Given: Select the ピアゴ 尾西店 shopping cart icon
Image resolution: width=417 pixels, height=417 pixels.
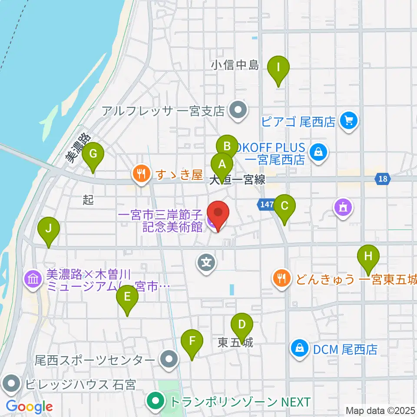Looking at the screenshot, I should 348,120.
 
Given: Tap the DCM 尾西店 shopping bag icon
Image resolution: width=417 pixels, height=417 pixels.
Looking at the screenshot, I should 300,348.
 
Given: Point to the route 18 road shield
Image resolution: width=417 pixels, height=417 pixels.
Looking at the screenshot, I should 382,179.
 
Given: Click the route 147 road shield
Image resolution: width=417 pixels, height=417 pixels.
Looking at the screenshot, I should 267,204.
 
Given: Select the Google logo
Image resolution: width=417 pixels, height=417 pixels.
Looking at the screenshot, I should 29,407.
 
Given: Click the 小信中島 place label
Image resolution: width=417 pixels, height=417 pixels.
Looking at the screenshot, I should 235,65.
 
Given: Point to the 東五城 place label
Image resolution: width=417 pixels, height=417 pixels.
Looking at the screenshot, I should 235,343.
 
